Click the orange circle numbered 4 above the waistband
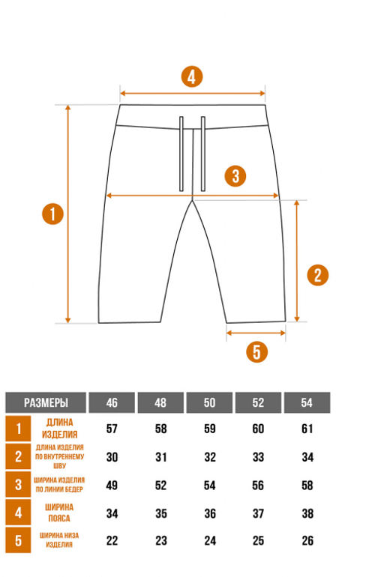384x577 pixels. point(192,77)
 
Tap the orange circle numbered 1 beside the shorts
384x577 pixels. point(52,214)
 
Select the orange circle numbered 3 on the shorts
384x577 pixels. point(235,175)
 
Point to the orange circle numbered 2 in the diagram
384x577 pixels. point(317,275)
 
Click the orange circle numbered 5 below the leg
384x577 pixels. point(256,351)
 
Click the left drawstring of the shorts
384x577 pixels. point(181,154)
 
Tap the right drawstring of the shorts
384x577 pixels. point(202,154)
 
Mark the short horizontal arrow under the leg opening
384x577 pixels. point(256,333)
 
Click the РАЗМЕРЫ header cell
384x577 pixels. point(46,402)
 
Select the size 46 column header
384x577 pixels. point(112,402)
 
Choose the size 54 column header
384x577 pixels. point(307,402)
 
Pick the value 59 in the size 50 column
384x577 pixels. point(210,429)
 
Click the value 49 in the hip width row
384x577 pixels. point(112,486)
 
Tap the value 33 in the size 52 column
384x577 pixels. point(258,457)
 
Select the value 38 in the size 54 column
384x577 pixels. point(307,513)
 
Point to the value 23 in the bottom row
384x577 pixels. point(161,540)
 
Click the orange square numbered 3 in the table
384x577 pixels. point(18,485)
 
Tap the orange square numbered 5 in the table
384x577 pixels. point(18,540)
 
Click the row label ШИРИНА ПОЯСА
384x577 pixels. point(59,513)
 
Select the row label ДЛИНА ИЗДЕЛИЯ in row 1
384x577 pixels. point(60,429)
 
